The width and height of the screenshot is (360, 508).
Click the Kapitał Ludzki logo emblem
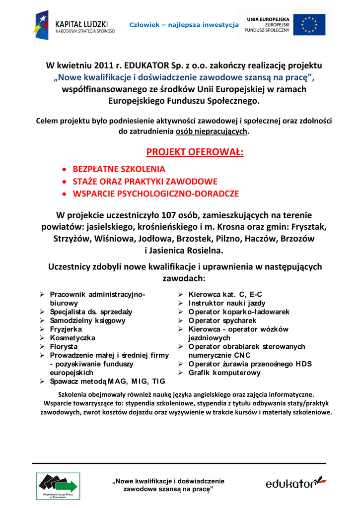(x=41, y=25)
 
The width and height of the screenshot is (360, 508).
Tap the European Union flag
(x=309, y=25)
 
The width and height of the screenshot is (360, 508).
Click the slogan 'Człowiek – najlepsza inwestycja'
(x=184, y=25)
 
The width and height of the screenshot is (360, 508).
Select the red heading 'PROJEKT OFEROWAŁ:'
(x=195, y=151)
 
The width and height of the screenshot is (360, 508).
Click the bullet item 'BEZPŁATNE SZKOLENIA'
(x=119, y=169)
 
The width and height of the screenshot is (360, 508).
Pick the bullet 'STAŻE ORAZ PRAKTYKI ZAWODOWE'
(x=145, y=182)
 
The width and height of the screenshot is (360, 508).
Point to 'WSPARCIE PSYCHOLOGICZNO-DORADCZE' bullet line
(x=156, y=193)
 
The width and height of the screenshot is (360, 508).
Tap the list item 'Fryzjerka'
(x=66, y=329)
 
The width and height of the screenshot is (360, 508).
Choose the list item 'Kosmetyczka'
(x=72, y=338)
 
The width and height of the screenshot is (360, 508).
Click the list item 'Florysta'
(x=64, y=346)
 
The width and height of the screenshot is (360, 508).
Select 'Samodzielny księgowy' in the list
(x=87, y=320)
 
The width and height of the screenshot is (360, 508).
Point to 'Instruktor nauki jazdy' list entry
(x=227, y=303)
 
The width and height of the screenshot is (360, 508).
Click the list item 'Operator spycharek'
(x=222, y=320)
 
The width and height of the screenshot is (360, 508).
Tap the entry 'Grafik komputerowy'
(x=224, y=373)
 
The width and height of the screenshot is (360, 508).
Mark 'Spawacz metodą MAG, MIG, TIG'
(x=107, y=381)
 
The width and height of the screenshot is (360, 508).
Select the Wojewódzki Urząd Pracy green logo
(x=58, y=486)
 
